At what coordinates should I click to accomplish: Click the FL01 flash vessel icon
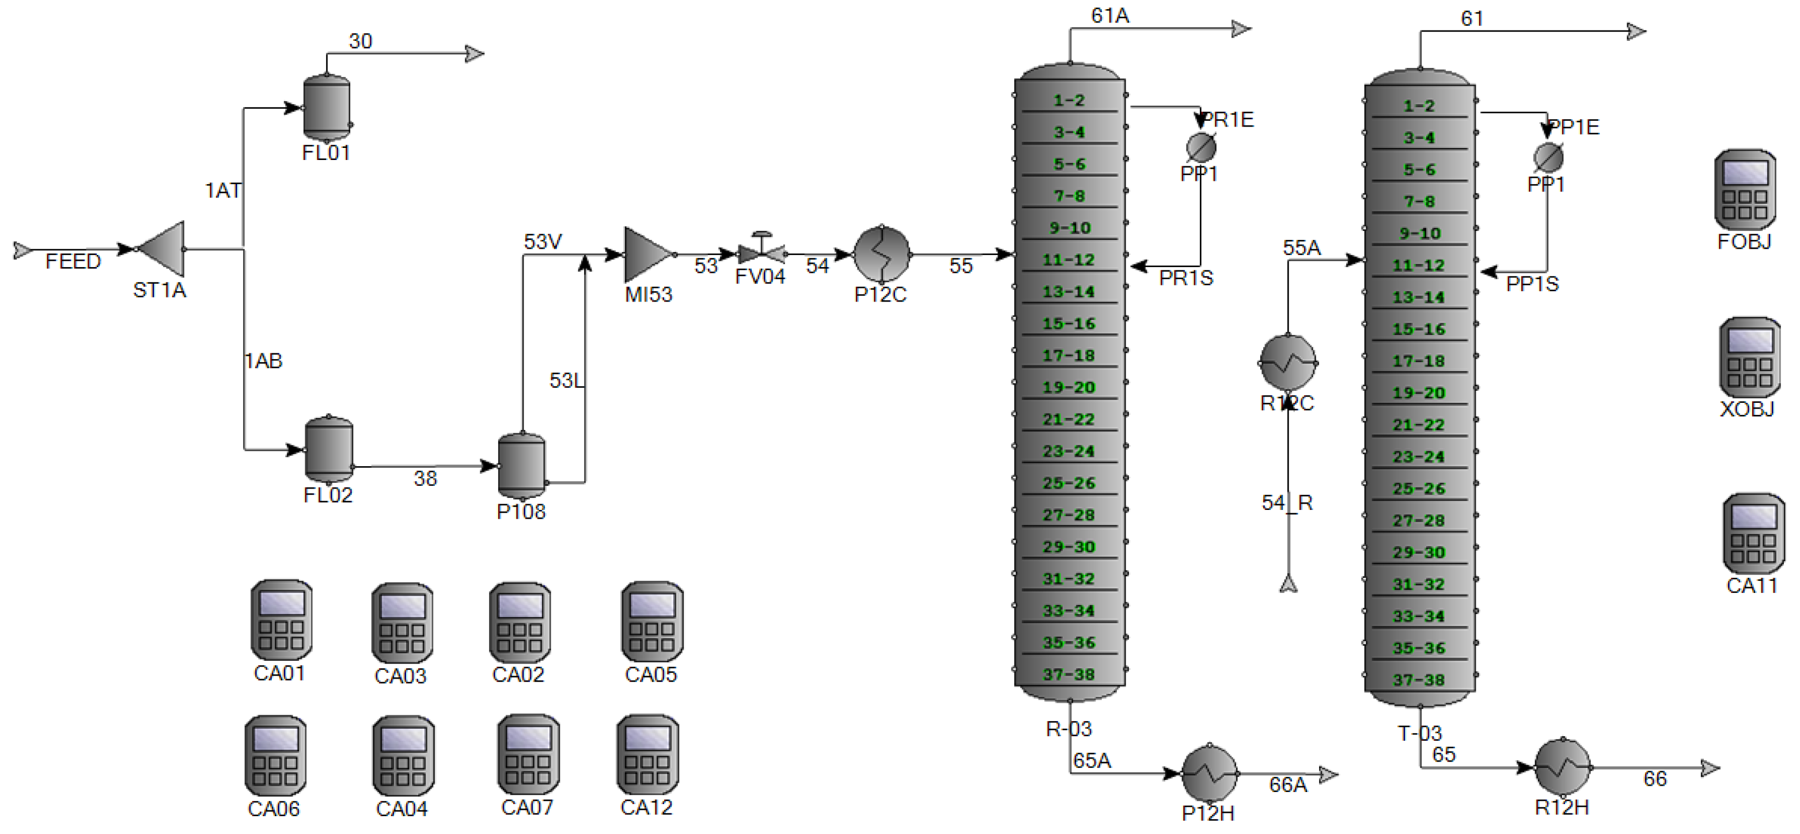click(327, 108)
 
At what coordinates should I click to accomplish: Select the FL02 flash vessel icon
click(328, 450)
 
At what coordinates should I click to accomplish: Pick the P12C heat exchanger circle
click(882, 254)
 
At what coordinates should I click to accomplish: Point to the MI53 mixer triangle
click(647, 255)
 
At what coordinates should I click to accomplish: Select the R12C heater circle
click(1289, 363)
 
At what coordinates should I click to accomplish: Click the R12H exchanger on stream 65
click(1563, 767)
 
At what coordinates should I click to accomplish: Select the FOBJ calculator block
click(1745, 189)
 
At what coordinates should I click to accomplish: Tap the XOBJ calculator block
click(1749, 357)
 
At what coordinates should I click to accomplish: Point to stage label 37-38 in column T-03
click(1419, 680)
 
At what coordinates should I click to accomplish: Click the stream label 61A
click(1109, 16)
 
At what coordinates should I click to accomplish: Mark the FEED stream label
click(73, 262)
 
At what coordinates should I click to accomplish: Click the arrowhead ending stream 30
click(475, 54)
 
